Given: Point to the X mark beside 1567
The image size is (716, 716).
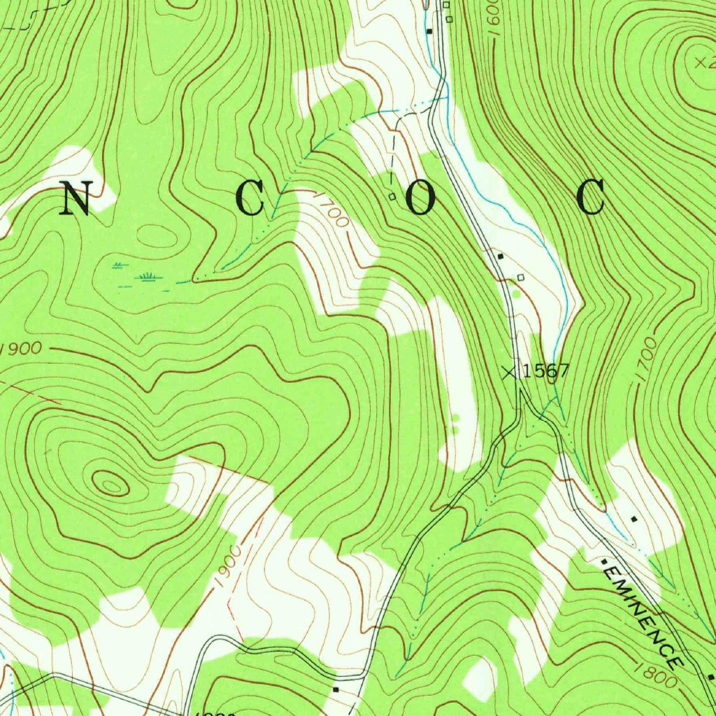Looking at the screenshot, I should (x=510, y=372).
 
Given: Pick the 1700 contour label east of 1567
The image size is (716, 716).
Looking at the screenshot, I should (x=647, y=359).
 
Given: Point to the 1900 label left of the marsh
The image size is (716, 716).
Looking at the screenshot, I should (x=22, y=348).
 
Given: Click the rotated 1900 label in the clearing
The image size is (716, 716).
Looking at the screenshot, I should (x=229, y=566).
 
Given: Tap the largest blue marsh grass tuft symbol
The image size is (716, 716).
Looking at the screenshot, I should (x=148, y=277).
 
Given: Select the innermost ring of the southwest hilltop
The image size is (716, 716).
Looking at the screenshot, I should (x=111, y=483).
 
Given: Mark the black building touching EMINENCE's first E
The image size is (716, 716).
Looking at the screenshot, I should (x=603, y=561).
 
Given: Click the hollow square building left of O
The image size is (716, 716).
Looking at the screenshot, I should (x=392, y=196).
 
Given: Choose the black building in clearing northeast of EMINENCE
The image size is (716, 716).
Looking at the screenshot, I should (x=633, y=520).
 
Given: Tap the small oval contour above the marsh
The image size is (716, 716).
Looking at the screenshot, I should (x=155, y=236).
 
